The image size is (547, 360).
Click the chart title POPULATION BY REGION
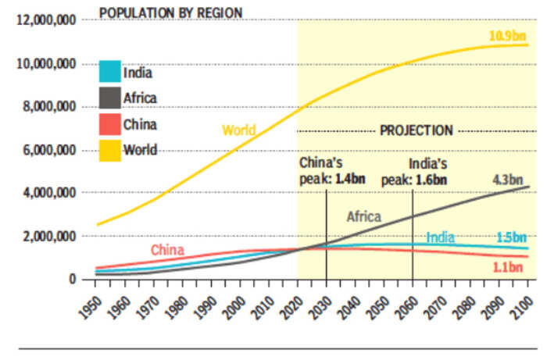(x=170, y=12)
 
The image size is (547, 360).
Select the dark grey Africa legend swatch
(x=109, y=97)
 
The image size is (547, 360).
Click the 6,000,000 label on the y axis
(x=48, y=150)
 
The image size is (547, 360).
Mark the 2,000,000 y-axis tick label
(x=48, y=236)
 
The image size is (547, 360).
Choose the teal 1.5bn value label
(x=511, y=237)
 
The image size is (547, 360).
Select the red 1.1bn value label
(x=508, y=266)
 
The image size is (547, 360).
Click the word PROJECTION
(x=416, y=130)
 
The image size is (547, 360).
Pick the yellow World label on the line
(x=238, y=130)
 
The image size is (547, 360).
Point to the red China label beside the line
(x=167, y=250)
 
